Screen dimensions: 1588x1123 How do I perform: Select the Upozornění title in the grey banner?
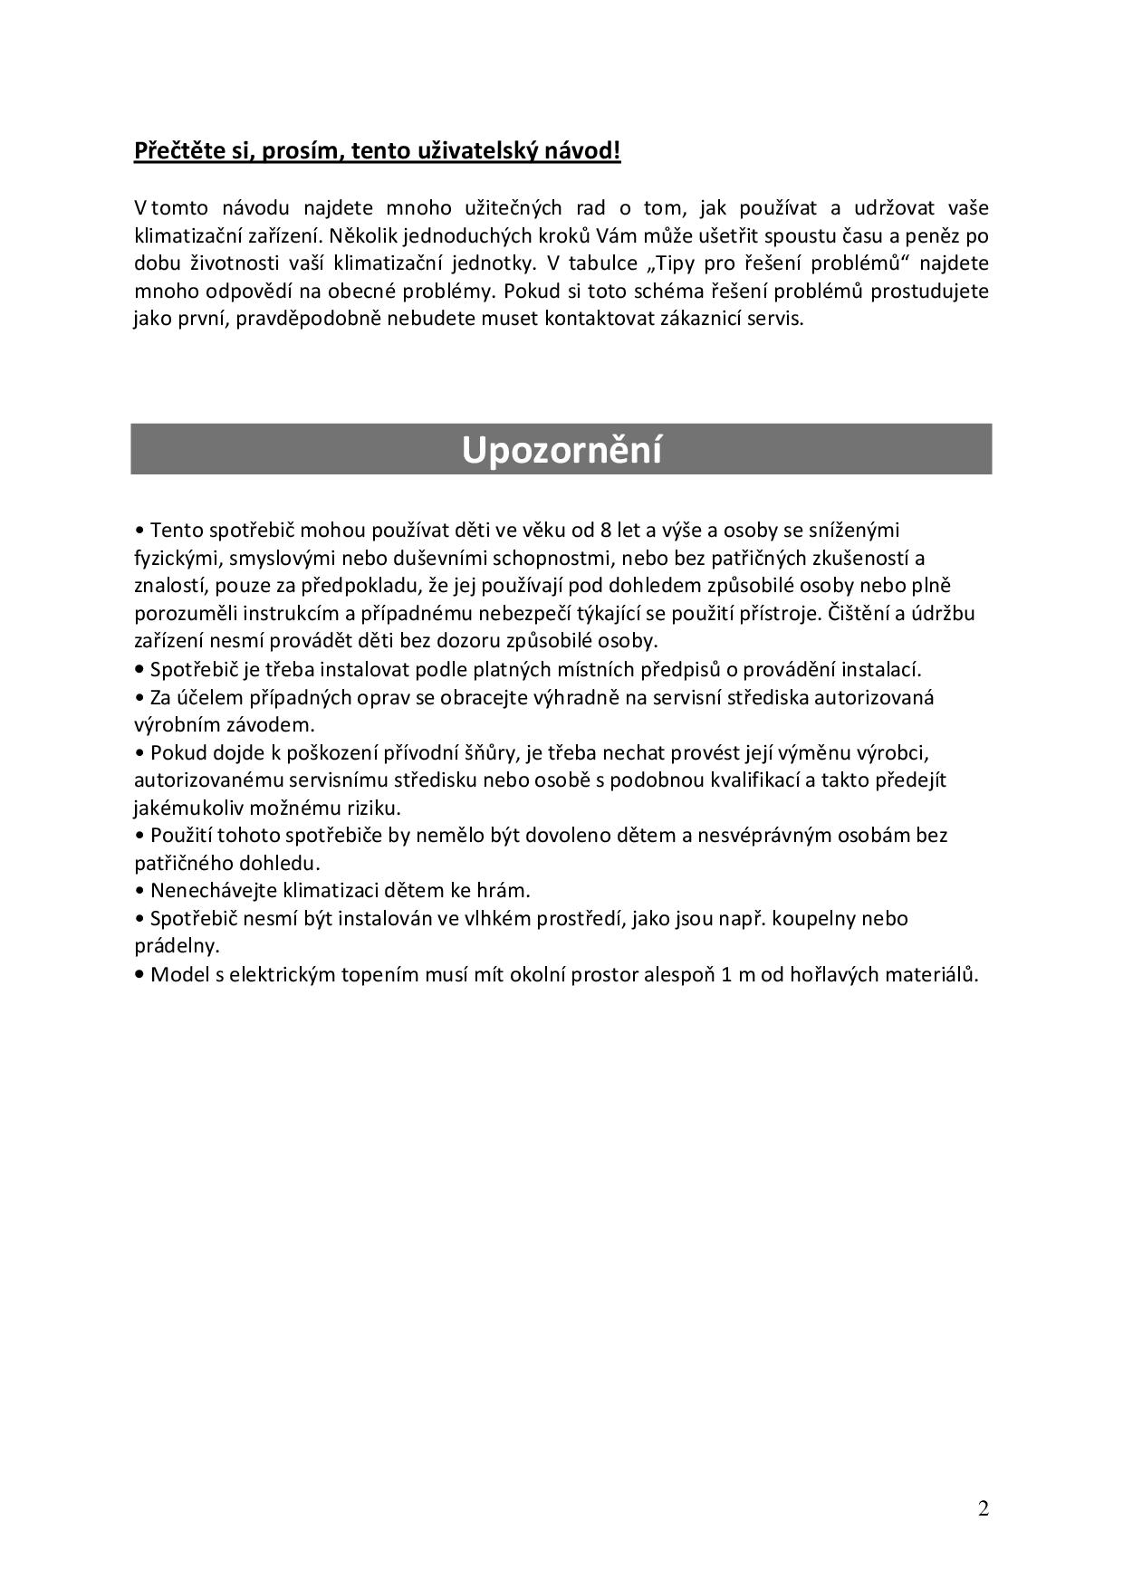click(561, 450)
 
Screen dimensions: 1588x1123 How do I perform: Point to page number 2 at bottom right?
click(984, 1508)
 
